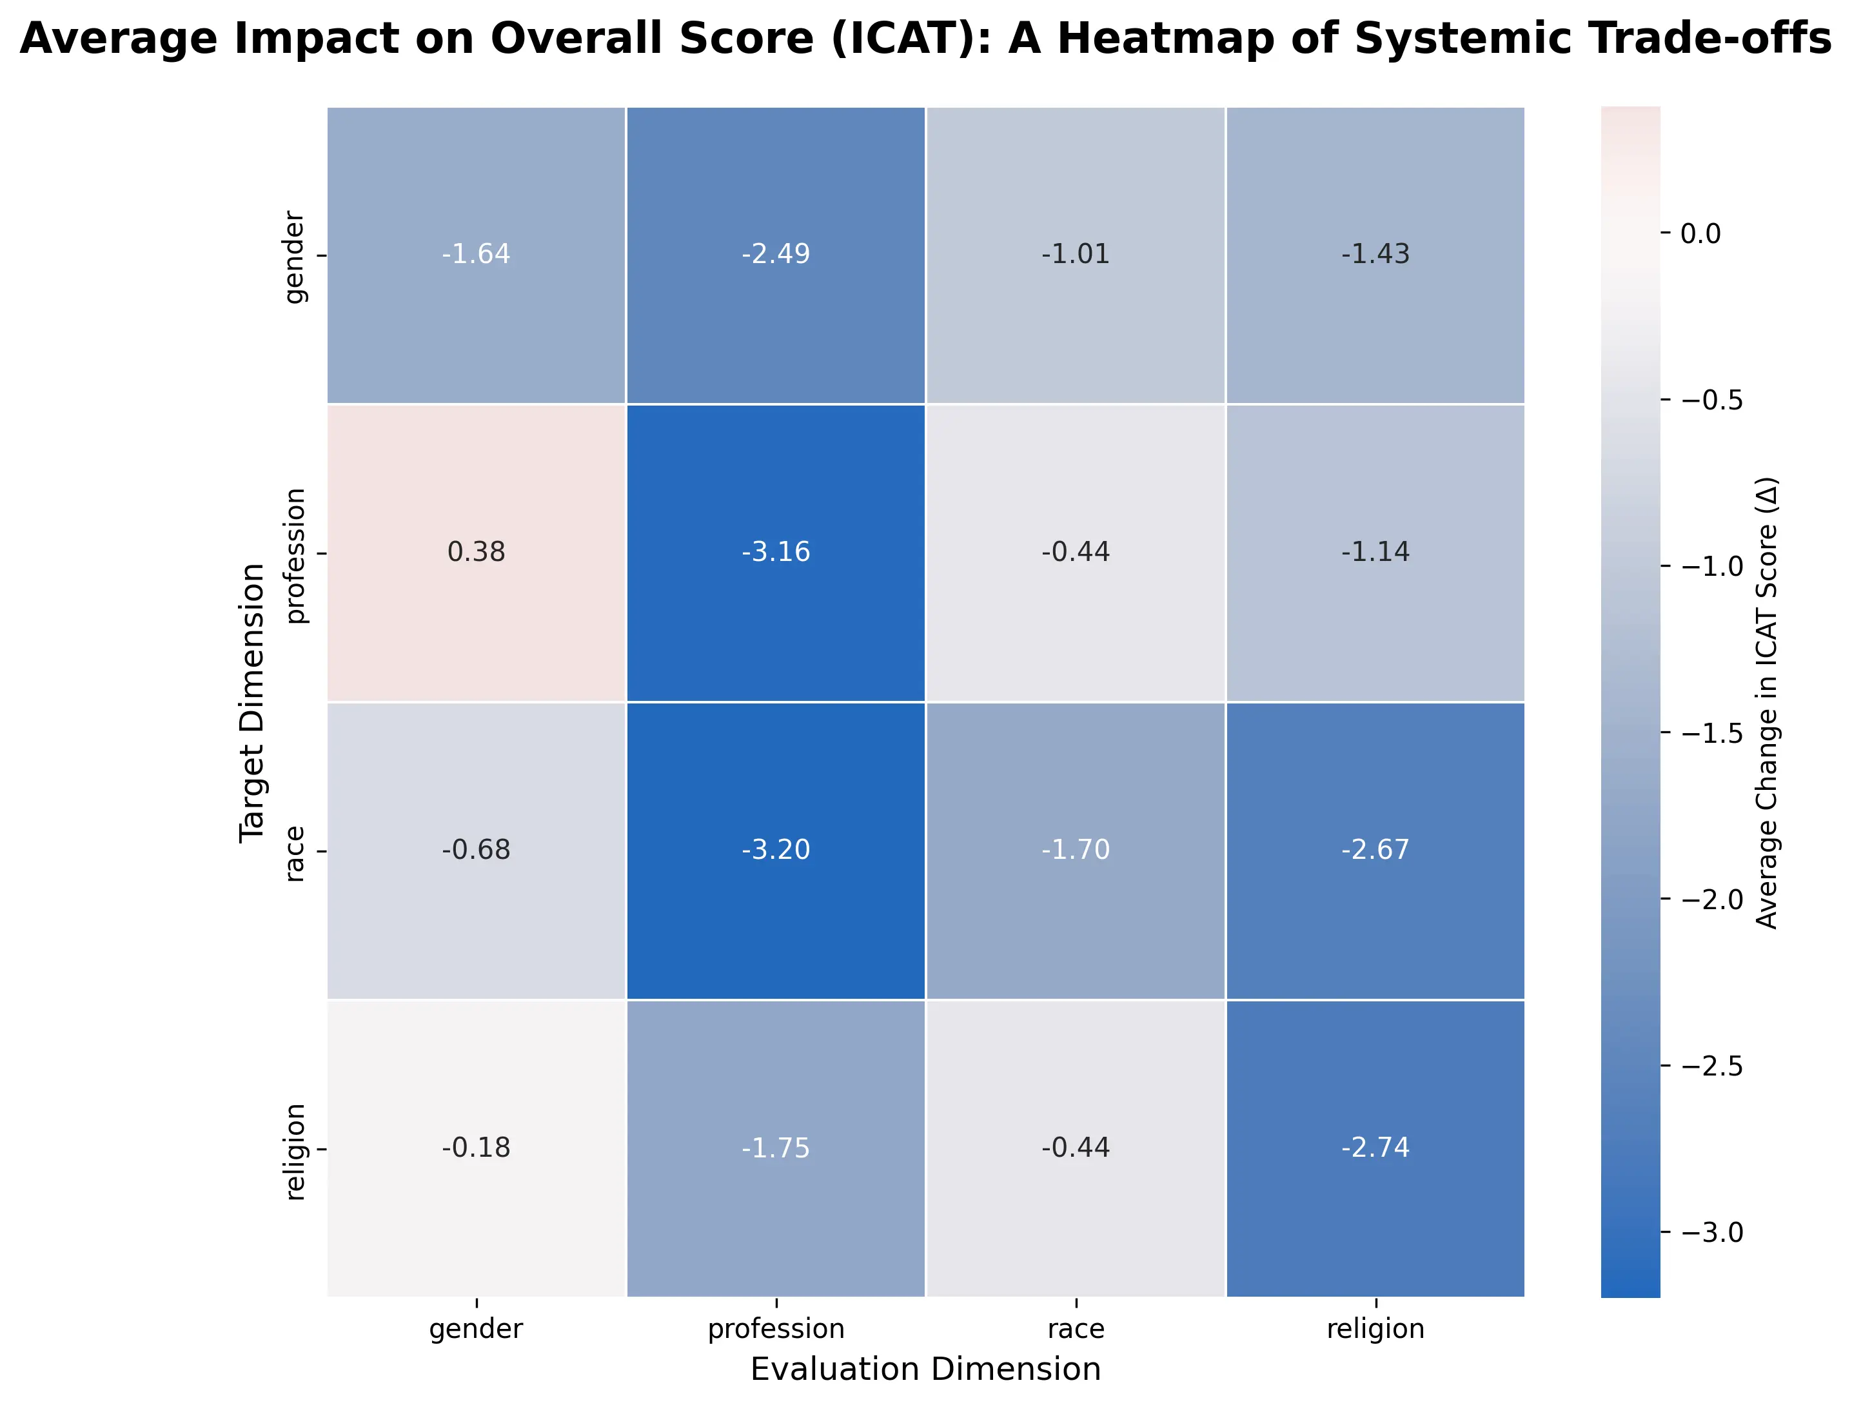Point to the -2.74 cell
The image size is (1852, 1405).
pyautogui.click(x=1375, y=1148)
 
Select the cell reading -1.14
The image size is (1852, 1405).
pyautogui.click(x=1375, y=553)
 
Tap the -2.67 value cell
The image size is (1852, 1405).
pyautogui.click(x=1375, y=850)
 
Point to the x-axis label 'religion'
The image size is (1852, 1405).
pyautogui.click(x=1375, y=1329)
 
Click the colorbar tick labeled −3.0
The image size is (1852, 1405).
pyautogui.click(x=1711, y=1232)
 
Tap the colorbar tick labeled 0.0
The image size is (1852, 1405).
pyautogui.click(x=1700, y=233)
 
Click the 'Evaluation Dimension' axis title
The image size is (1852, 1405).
pyautogui.click(x=925, y=1370)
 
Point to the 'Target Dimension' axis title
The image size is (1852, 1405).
pyautogui.click(x=251, y=703)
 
